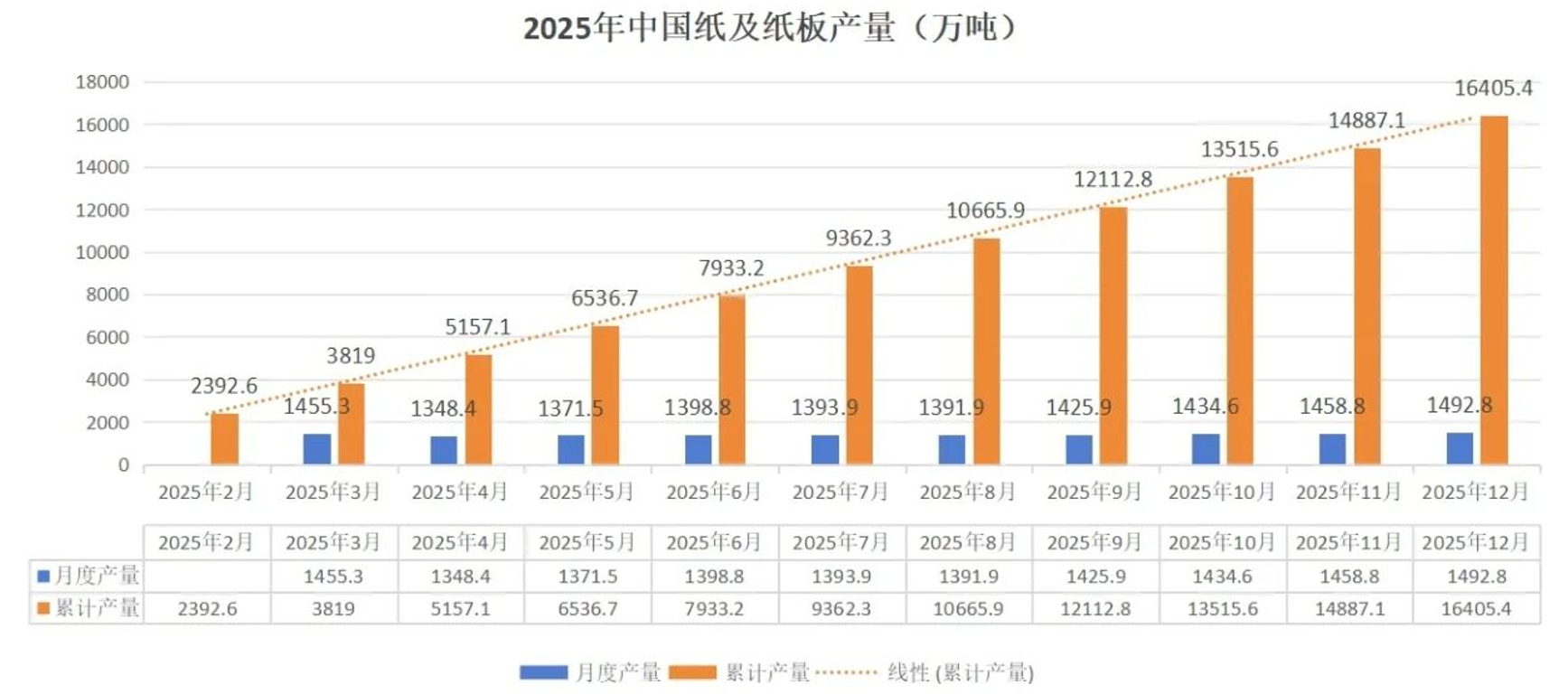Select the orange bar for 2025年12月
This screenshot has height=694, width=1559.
point(1493,289)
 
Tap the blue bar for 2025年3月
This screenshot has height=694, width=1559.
point(316,449)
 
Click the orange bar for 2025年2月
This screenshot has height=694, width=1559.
point(224,439)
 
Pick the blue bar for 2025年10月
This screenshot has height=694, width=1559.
point(1206,449)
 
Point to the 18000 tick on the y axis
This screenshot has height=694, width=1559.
point(102,82)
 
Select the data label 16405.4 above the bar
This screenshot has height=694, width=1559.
point(1492,89)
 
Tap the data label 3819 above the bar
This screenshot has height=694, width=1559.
point(351,356)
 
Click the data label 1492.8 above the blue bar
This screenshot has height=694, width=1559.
point(1459,406)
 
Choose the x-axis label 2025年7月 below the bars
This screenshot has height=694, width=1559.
point(841,492)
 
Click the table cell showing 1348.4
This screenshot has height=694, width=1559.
point(460,577)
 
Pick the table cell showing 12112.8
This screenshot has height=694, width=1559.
point(1095,609)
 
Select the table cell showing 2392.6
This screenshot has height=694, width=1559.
point(207,609)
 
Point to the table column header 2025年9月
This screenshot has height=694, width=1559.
point(1094,543)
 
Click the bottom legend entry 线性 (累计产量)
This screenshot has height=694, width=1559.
point(960,672)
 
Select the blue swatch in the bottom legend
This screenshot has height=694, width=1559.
point(543,672)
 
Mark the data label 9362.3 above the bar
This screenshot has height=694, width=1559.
point(858,239)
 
